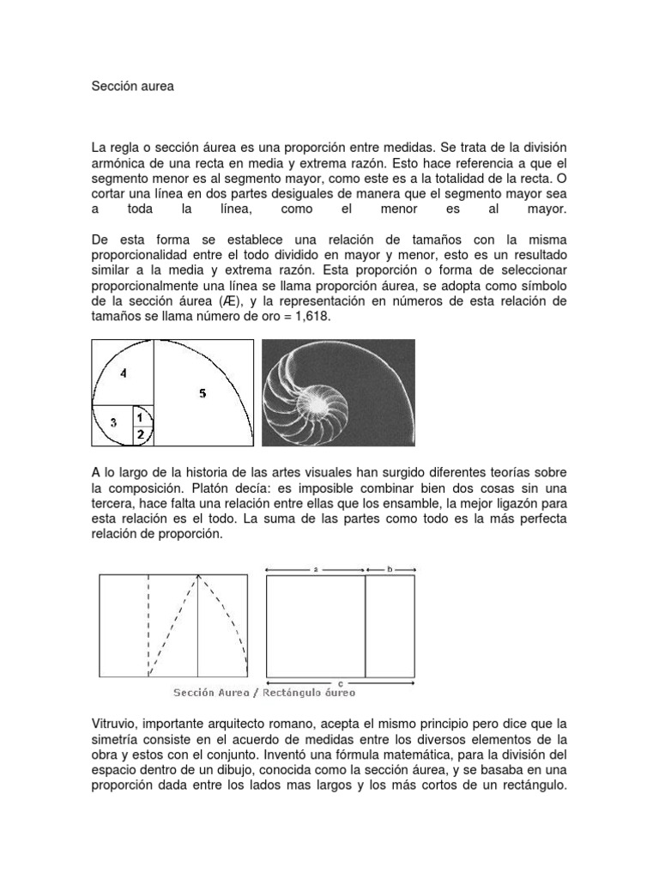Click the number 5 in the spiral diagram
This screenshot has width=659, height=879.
202,394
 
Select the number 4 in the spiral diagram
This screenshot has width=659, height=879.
124,373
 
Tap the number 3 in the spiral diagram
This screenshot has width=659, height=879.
112,422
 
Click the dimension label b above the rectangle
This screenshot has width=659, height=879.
390,568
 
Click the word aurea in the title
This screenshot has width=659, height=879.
155,88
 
